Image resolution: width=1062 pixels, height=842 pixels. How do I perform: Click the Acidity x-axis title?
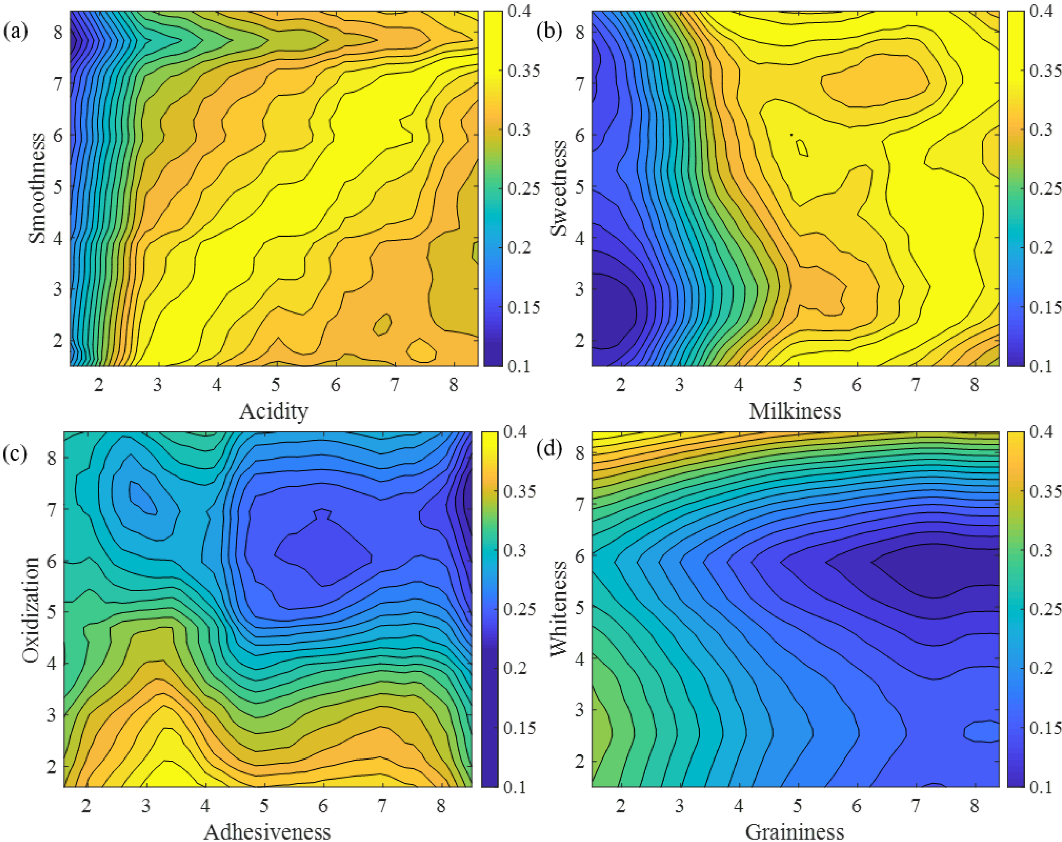coord(273,411)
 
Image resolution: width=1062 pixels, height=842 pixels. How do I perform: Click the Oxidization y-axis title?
coord(30,610)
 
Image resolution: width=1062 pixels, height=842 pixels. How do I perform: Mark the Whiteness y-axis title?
coord(558,610)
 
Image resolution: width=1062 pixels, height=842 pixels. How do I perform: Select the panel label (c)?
coord(15,452)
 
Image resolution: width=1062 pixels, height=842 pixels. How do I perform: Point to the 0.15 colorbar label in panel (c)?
coord(519,727)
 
